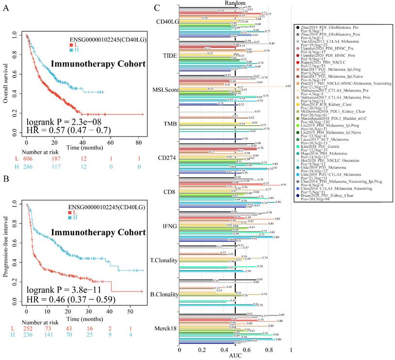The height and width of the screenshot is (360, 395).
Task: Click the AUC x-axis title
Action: [x=235, y=356]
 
